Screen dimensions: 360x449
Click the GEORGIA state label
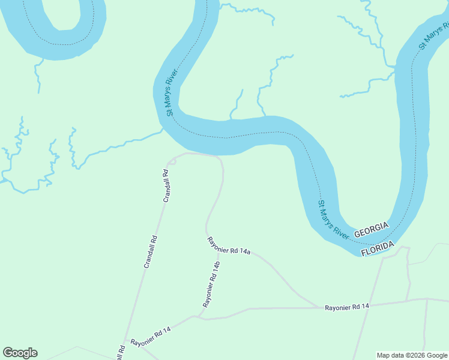(x=371, y=229)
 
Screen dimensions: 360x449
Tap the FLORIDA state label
(x=378, y=248)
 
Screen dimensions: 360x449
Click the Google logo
(x=20, y=353)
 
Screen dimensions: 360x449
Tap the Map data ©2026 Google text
(x=411, y=355)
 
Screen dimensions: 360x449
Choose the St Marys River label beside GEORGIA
(x=333, y=219)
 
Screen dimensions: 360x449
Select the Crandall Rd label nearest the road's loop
(x=166, y=186)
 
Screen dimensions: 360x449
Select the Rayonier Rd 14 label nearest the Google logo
(x=151, y=334)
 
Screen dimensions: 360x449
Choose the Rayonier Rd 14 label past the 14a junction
(x=347, y=307)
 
